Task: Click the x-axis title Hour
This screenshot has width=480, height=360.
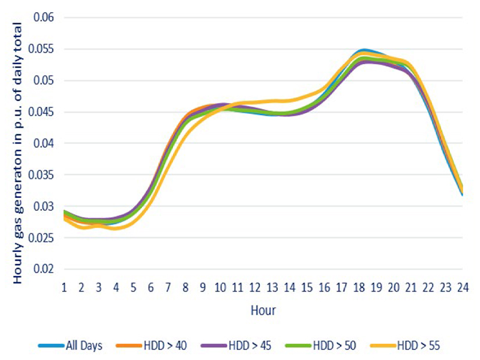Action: (263, 310)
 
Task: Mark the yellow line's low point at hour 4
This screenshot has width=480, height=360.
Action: (116, 228)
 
